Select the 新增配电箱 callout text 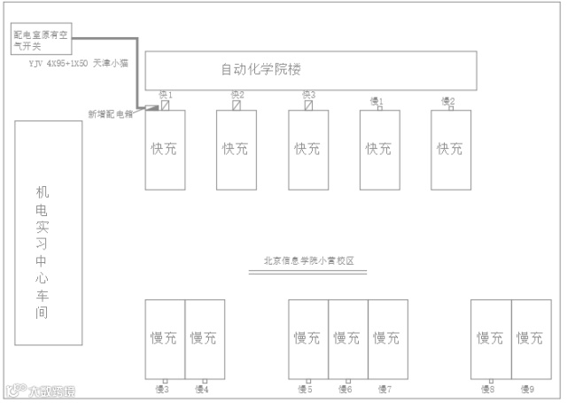tap(109, 113)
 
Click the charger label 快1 tap(165, 95)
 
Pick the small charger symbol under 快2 tap(237, 105)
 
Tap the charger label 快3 tap(308, 95)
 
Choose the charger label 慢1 tap(377, 100)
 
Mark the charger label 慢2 tap(448, 100)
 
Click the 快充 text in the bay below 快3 tap(307, 148)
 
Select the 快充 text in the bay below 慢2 tap(450, 148)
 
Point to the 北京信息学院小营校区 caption tap(308, 260)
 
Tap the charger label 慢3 tap(163, 389)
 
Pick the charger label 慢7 tap(384, 389)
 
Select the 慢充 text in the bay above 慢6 tap(347, 337)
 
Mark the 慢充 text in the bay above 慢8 tap(490, 337)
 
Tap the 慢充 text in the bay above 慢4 tap(204, 337)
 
